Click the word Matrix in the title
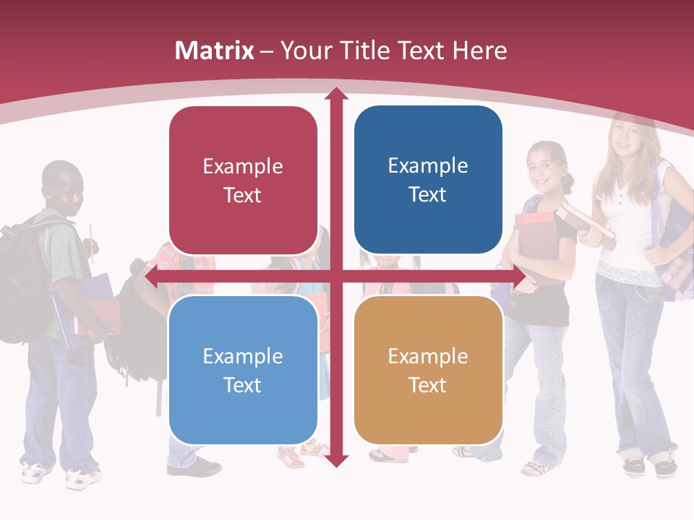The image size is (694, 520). tap(215, 51)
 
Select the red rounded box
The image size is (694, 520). tap(243, 181)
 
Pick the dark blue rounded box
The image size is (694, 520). tap(428, 180)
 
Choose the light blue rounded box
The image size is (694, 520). tap(243, 370)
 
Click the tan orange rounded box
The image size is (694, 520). tap(428, 370)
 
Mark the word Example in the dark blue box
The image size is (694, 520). tap(428, 166)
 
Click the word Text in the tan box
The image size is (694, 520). tap(428, 385)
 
